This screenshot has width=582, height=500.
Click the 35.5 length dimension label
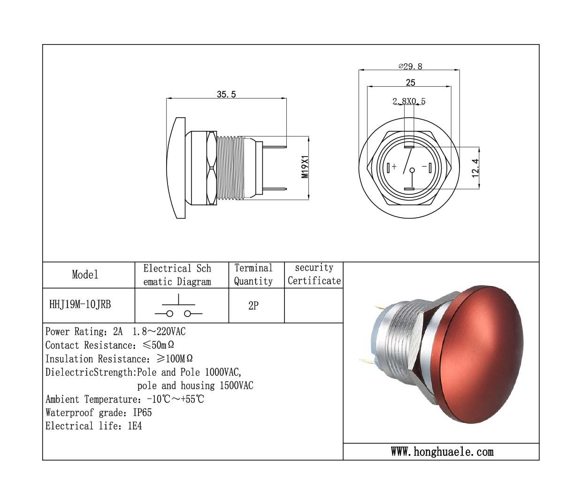(x=226, y=94)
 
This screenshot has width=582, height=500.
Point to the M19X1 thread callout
(x=305, y=167)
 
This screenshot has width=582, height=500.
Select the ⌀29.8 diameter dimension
(x=410, y=67)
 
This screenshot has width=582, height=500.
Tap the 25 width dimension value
(x=411, y=83)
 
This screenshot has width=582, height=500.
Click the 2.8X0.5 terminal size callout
(x=409, y=101)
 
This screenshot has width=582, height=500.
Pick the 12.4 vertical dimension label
(x=475, y=168)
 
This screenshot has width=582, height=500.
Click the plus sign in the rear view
(x=394, y=167)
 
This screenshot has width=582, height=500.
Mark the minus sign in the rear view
(x=424, y=167)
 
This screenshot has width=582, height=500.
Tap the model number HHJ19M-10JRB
(x=80, y=304)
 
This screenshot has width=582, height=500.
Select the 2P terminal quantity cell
(x=253, y=305)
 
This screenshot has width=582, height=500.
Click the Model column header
(x=85, y=274)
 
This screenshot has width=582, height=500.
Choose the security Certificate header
(x=314, y=274)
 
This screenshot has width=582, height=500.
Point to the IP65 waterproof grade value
(x=142, y=413)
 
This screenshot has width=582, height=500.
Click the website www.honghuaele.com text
(x=442, y=452)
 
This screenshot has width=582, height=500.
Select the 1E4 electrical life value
(x=135, y=426)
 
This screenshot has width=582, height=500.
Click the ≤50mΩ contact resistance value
(x=158, y=345)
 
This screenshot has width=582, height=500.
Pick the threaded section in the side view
(x=230, y=168)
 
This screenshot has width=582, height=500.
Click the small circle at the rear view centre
(x=412, y=170)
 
